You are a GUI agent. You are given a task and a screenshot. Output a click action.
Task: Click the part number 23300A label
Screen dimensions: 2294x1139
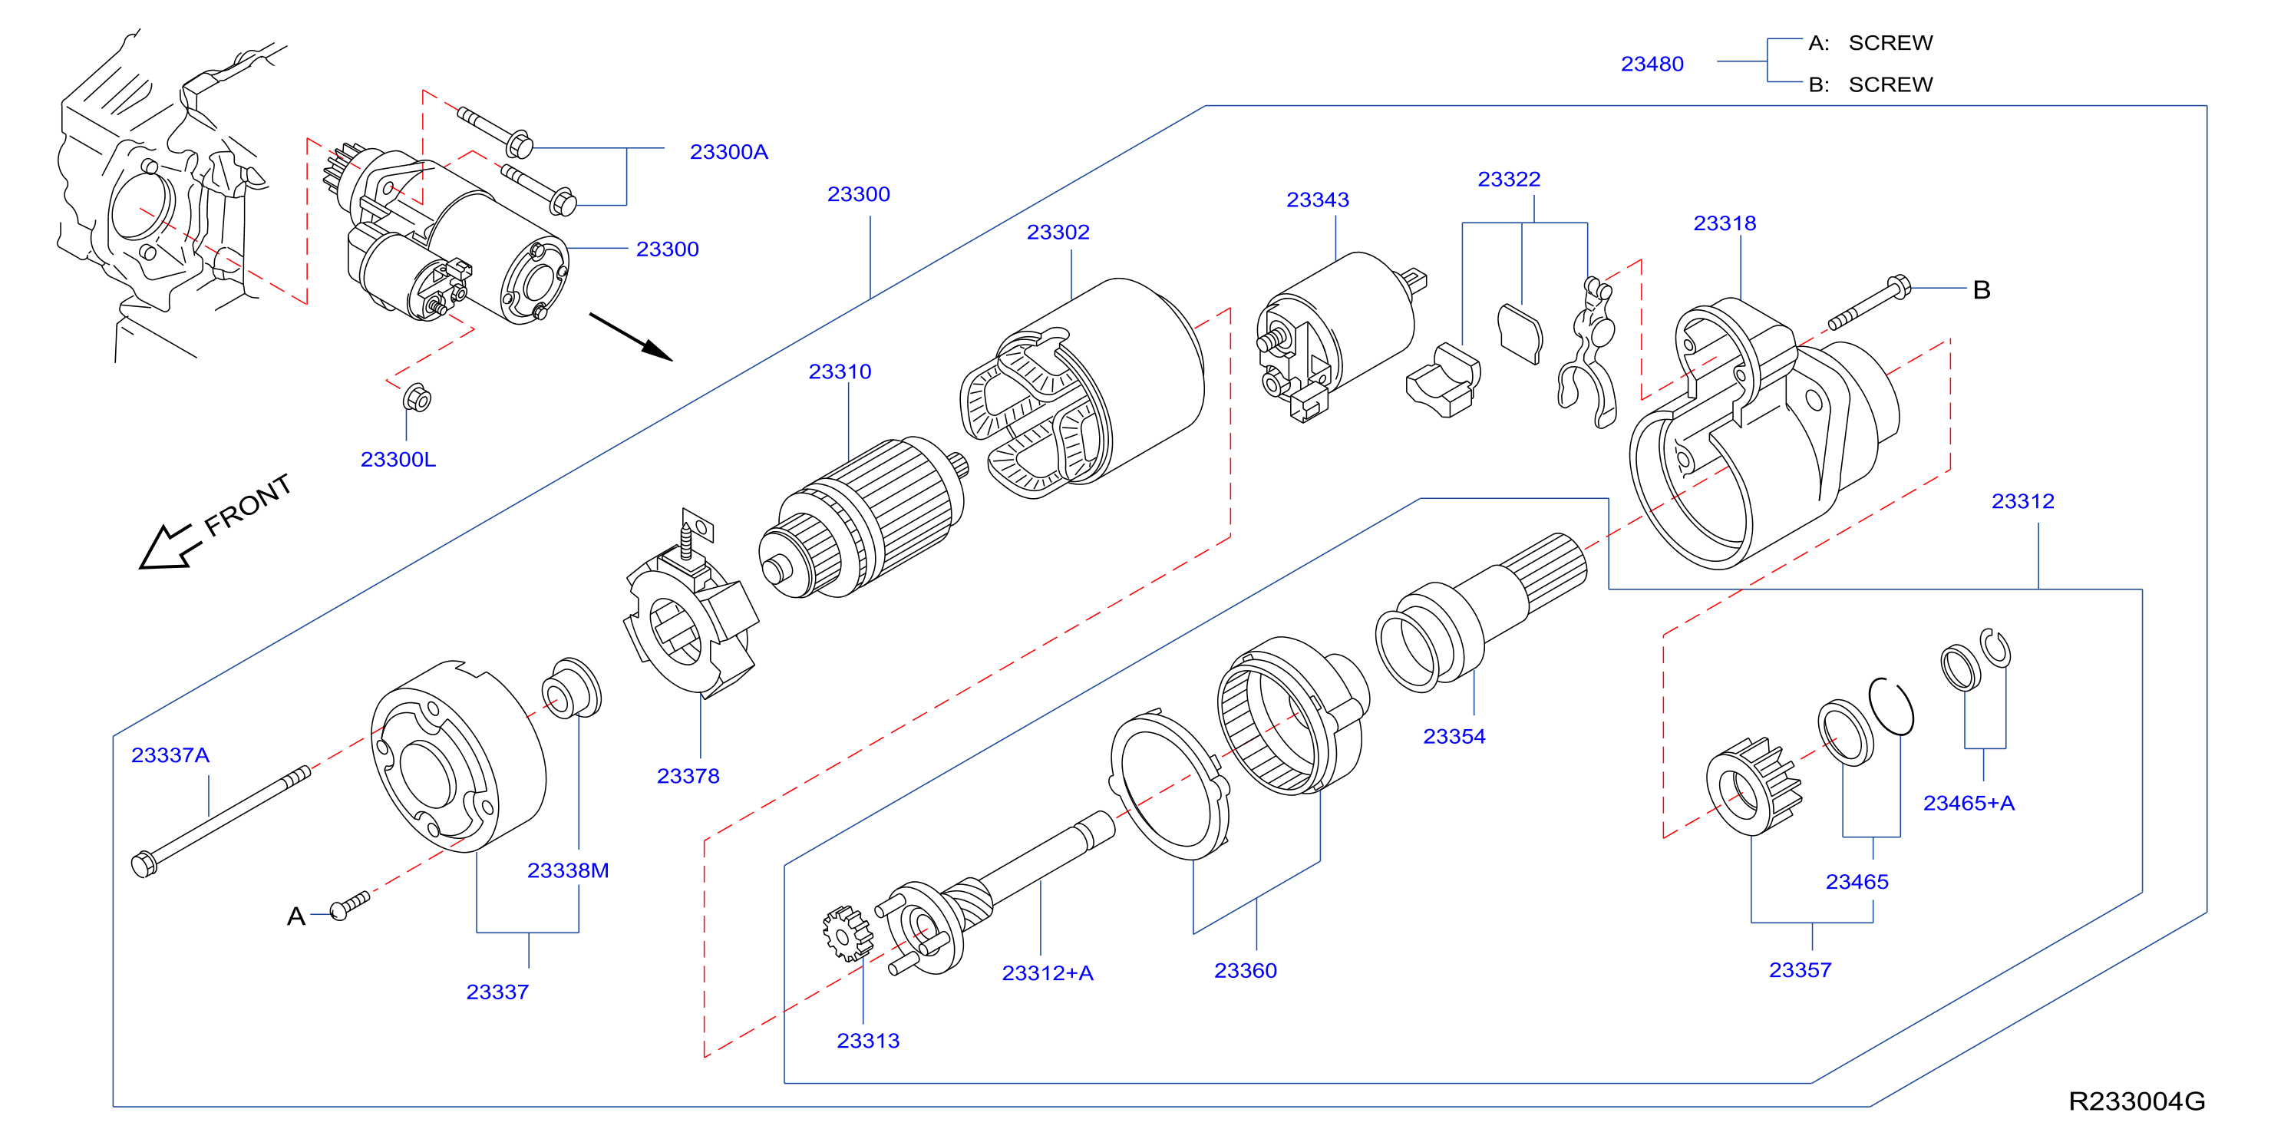click(x=728, y=152)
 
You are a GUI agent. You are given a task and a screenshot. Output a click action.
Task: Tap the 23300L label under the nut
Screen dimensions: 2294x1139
click(x=398, y=460)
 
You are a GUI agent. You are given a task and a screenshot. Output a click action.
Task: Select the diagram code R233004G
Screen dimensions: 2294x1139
click(x=2137, y=1101)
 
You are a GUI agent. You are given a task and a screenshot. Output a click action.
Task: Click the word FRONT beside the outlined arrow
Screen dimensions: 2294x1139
click(x=248, y=505)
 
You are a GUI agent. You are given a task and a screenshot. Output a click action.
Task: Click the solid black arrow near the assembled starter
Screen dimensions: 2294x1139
click(x=631, y=337)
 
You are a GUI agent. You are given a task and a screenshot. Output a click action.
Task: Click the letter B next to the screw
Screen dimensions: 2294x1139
click(x=1982, y=289)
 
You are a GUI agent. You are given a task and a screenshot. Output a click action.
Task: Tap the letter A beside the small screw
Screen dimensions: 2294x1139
click(x=295, y=916)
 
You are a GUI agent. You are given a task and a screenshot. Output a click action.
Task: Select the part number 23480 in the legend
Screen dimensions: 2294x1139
click(x=1652, y=64)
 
